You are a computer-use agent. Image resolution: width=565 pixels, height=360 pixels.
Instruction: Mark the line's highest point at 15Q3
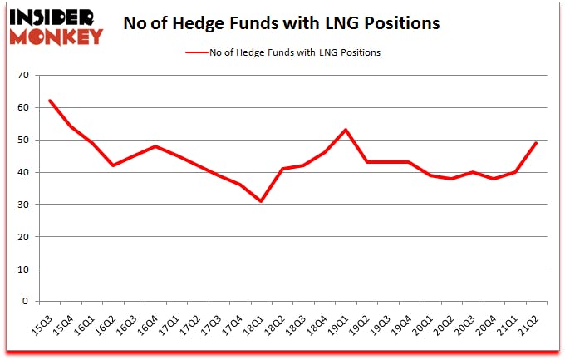[x=50, y=101]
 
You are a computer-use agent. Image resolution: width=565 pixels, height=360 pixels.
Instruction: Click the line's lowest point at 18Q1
[x=261, y=201]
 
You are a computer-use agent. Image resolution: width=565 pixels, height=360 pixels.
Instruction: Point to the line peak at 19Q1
[x=346, y=130]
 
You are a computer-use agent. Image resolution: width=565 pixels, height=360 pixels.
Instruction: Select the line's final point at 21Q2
[x=537, y=143]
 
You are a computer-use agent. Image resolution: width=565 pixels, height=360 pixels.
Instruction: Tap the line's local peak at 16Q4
[x=155, y=146]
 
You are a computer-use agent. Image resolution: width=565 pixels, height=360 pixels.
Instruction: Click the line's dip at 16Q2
[x=113, y=165]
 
